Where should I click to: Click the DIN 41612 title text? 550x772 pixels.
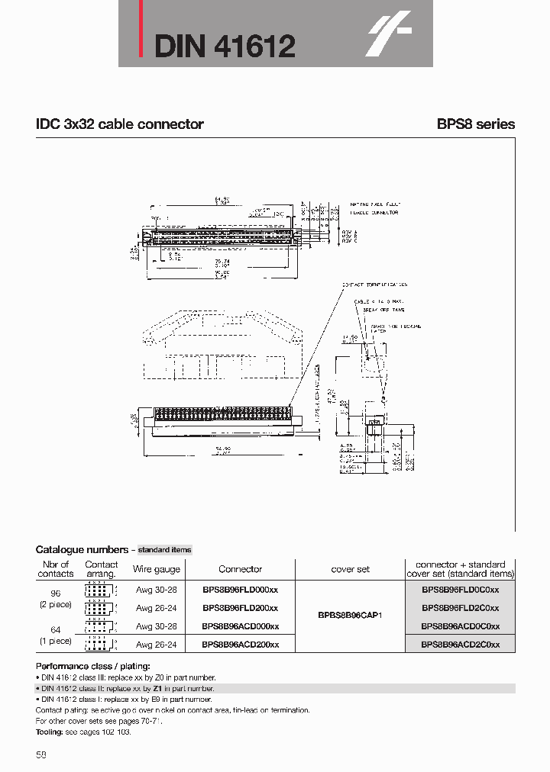225,47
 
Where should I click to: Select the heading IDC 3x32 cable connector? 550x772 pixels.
119,124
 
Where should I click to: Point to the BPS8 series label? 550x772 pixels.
475,124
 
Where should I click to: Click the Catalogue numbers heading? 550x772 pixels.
82,549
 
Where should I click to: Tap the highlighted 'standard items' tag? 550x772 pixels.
164,549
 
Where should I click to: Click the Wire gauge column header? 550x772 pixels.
157,569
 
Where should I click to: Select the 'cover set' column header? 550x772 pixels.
350,569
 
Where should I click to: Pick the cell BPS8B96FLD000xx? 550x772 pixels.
240,590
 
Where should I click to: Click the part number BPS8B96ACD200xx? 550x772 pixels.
240,645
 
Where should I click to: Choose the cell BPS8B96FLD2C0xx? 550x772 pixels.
460,608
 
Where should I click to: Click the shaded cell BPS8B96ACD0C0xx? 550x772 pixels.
460,626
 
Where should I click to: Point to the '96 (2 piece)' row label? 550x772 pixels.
55,599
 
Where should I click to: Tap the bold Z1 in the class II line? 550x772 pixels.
158,688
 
